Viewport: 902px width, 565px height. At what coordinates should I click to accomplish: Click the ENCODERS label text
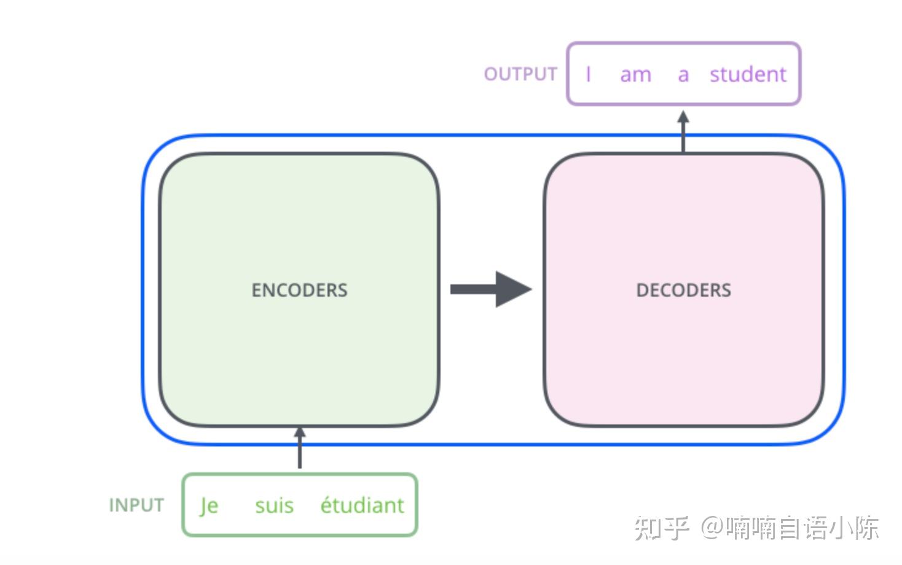pyautogui.click(x=299, y=290)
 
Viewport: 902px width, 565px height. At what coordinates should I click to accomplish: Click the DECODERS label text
pyautogui.click(x=683, y=290)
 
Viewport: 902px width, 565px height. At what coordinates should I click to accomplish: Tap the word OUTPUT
pyautogui.click(x=520, y=74)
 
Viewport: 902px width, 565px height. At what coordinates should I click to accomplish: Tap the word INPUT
pyautogui.click(x=136, y=505)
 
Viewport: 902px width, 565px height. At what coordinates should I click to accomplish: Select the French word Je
pyautogui.click(x=209, y=506)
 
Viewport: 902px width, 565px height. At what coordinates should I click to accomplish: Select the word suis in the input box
pyautogui.click(x=274, y=506)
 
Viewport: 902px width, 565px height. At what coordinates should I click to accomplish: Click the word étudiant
pyautogui.click(x=362, y=505)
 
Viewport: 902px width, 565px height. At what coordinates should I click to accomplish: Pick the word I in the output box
pyautogui.click(x=588, y=74)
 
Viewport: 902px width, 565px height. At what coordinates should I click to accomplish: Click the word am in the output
pyautogui.click(x=635, y=75)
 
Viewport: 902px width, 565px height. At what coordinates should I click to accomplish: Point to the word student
pyautogui.click(x=748, y=74)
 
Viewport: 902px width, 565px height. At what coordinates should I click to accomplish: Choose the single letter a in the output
pyautogui.click(x=683, y=75)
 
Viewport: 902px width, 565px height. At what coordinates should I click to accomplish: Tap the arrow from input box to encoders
pyautogui.click(x=299, y=448)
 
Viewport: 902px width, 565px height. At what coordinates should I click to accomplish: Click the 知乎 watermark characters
pyautogui.click(x=661, y=528)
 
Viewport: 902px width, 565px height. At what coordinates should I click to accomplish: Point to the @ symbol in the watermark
pyautogui.click(x=712, y=528)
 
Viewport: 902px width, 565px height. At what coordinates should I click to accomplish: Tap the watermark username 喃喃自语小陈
pyautogui.click(x=802, y=528)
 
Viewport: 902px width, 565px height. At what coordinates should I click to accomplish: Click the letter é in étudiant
pyautogui.click(x=327, y=505)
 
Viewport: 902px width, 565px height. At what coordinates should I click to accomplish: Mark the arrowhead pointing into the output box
pyautogui.click(x=683, y=117)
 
